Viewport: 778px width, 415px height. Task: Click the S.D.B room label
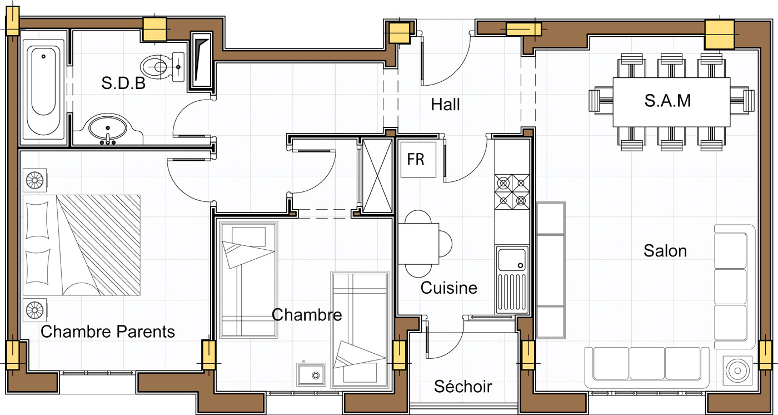click(x=123, y=83)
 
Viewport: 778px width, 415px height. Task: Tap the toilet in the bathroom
click(x=162, y=67)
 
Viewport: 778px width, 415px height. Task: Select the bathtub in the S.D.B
click(x=43, y=91)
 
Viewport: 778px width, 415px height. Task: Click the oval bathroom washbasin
click(x=107, y=128)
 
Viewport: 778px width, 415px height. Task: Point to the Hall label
click(x=445, y=104)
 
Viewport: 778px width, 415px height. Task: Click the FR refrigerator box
click(x=418, y=160)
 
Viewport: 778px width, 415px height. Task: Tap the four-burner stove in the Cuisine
click(x=512, y=192)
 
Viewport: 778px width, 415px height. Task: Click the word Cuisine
click(x=449, y=288)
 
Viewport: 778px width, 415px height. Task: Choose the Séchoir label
click(x=463, y=387)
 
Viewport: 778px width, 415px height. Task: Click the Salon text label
click(x=665, y=251)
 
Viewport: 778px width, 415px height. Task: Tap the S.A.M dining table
click(x=671, y=102)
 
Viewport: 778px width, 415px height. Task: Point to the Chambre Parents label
click(x=108, y=332)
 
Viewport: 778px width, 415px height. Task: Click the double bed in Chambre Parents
click(x=82, y=245)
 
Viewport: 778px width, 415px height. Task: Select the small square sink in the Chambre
click(x=311, y=375)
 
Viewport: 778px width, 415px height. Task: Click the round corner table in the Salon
click(x=737, y=371)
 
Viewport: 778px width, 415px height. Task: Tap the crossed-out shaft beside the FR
click(x=377, y=176)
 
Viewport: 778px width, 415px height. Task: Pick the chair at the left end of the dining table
click(x=600, y=100)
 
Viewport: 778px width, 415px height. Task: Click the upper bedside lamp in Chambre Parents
click(x=34, y=180)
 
